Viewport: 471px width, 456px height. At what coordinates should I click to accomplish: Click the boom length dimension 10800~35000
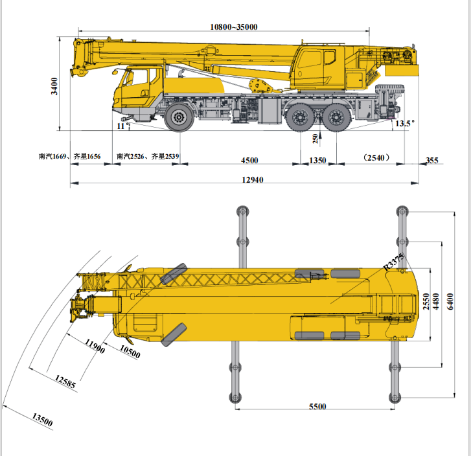click(234, 27)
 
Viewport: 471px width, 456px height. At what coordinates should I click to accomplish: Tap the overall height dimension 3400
click(54, 86)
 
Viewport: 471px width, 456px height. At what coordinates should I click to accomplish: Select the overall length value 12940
click(253, 179)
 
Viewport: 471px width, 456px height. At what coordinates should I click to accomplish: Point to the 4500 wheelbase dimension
click(249, 161)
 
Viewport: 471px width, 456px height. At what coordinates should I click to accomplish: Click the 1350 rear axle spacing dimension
click(317, 161)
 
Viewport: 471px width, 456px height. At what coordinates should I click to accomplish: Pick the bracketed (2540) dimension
click(376, 157)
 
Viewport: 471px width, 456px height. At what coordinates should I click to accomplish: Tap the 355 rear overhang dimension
click(432, 161)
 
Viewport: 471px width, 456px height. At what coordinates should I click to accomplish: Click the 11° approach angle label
click(123, 126)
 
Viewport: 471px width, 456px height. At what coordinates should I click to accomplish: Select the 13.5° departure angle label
click(405, 124)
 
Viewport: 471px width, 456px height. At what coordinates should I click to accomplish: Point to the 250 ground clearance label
click(315, 139)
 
